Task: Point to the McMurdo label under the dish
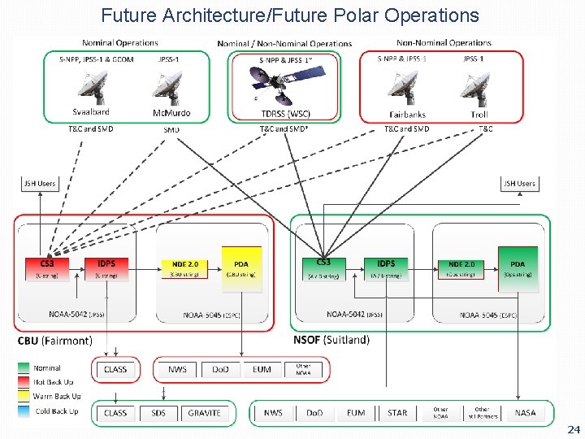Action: pyautogui.click(x=171, y=113)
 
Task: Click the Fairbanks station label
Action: pyautogui.click(x=407, y=115)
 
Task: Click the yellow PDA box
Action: pyautogui.click(x=241, y=267)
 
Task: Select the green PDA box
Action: pyautogui.click(x=518, y=267)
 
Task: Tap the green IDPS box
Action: pyautogui.click(x=386, y=267)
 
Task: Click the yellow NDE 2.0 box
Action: pyautogui.click(x=185, y=267)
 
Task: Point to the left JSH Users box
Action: pyautogui.click(x=39, y=184)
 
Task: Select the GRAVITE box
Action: pyautogui.click(x=204, y=413)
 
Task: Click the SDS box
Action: pyautogui.click(x=158, y=413)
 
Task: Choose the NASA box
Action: pyautogui.click(x=525, y=413)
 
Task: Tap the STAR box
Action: pyautogui.click(x=397, y=413)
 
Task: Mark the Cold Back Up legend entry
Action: pyautogui.click(x=56, y=411)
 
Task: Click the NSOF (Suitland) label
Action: pyautogui.click(x=331, y=340)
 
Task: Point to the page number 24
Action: pyautogui.click(x=574, y=428)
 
